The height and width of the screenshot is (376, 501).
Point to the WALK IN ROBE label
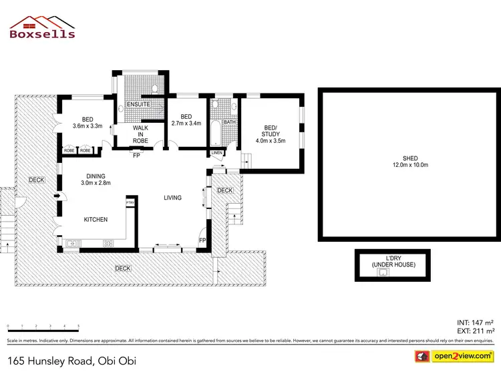(140, 134)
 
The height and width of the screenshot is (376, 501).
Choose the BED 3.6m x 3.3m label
(86, 122)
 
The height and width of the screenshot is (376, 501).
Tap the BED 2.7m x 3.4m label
(186, 120)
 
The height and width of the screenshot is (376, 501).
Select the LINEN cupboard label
(216, 153)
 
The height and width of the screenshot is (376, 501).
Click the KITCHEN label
(96, 220)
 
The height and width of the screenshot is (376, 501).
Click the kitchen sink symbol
(71, 243)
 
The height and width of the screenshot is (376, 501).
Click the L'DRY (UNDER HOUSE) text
(393, 262)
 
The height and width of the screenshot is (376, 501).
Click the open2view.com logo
(454, 357)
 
